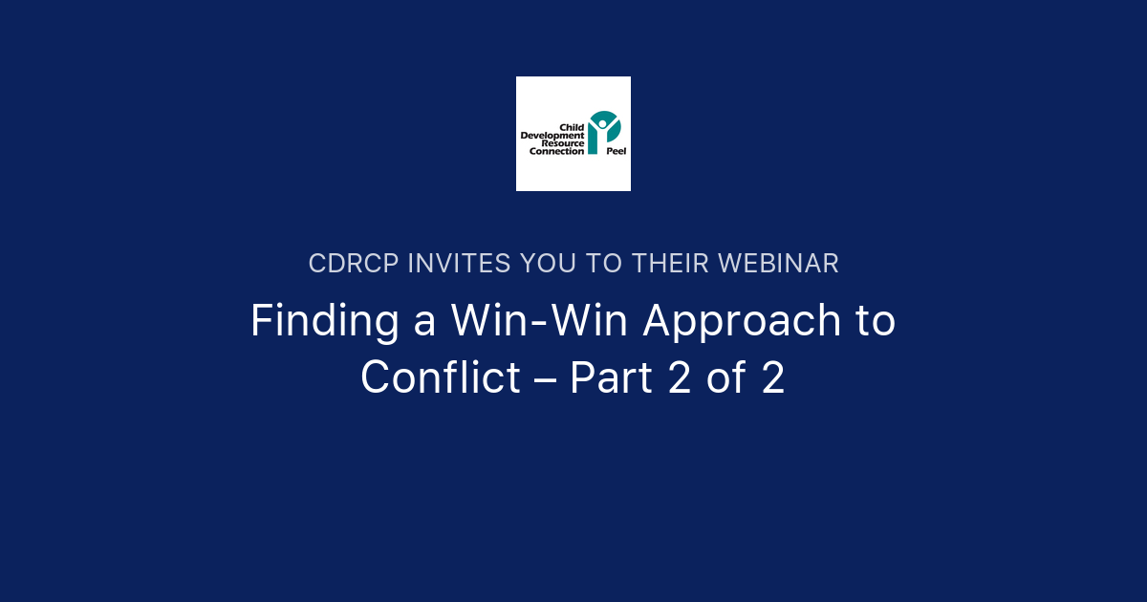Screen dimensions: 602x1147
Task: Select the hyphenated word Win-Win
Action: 541,321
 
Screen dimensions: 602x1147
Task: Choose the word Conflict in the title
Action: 441,378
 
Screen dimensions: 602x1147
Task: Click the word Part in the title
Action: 607,378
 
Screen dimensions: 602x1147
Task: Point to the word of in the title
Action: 726,378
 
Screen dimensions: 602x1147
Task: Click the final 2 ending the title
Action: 773,378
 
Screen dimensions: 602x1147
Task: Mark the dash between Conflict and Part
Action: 546,380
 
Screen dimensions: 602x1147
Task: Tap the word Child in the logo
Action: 572,127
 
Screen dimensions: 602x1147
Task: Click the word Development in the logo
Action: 552,136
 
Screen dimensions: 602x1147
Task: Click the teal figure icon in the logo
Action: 604,131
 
